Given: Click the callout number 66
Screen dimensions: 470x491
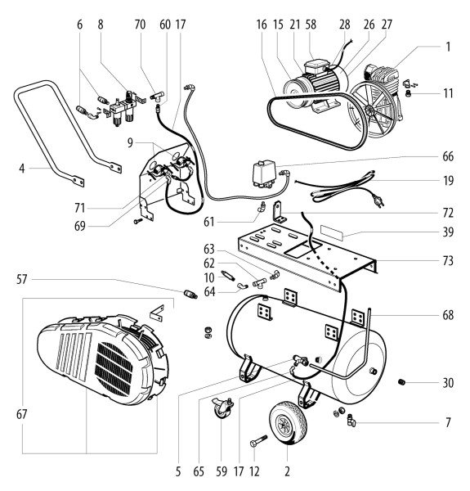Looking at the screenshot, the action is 448,156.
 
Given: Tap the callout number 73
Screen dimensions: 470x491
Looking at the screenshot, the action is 448,260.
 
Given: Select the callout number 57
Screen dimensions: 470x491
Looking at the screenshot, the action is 21,279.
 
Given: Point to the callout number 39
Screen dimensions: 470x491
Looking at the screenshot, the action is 448,232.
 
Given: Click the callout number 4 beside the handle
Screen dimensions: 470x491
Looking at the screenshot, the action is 21,169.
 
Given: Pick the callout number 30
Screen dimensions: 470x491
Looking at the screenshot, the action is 448,383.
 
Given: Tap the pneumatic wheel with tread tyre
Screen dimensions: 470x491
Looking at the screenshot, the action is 288,424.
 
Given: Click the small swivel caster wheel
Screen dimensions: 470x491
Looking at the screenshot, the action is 222,408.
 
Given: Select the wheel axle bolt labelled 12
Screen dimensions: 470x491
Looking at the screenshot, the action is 258,440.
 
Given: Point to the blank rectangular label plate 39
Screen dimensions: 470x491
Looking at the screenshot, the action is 332,233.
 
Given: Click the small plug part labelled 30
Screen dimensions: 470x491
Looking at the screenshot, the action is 402,382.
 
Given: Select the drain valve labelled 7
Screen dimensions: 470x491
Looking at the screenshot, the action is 351,420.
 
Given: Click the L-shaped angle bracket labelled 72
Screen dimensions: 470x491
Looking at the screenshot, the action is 280,212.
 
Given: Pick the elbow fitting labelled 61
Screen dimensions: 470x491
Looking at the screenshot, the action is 262,207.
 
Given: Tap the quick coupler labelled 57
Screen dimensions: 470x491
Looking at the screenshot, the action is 190,295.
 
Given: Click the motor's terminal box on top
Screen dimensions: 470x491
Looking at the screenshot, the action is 316,67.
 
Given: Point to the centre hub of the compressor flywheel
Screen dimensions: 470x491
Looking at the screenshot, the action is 370,110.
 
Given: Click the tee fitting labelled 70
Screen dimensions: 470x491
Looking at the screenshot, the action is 157,96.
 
